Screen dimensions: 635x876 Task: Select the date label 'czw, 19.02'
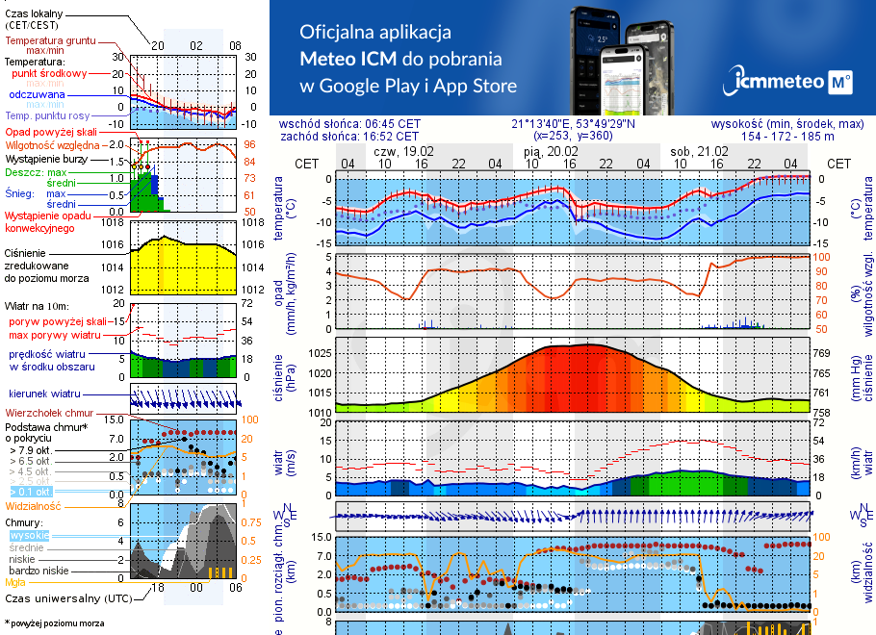403,152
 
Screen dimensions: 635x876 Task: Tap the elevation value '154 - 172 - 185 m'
788,137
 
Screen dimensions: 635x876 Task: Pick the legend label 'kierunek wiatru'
44,394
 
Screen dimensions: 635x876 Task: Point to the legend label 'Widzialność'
34,505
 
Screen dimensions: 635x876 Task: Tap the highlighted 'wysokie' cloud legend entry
28,535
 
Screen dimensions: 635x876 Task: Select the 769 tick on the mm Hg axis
821,353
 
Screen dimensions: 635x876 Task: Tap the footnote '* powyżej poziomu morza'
54,623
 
